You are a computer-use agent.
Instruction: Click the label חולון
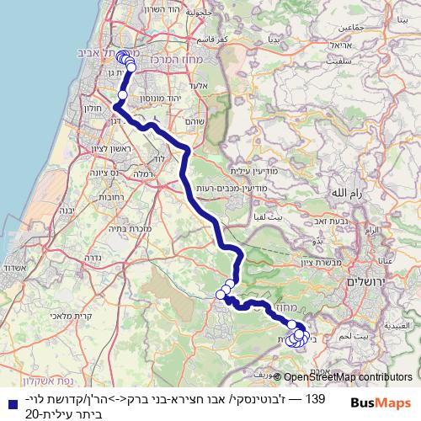(x=95, y=108)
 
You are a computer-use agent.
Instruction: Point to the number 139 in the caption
(x=315, y=396)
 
